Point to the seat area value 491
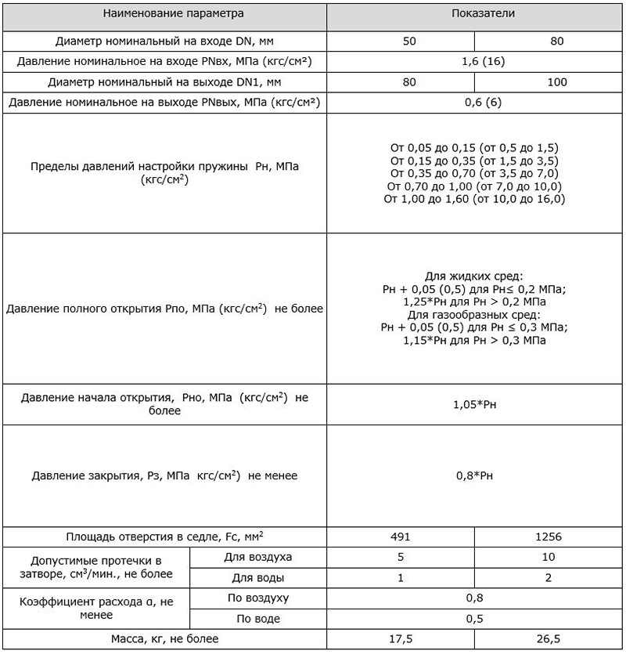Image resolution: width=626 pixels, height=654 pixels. click(x=401, y=537)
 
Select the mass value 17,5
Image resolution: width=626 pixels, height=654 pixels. click(x=401, y=639)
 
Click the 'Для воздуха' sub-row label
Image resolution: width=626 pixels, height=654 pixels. click(x=258, y=558)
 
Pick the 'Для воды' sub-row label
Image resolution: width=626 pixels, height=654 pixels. click(x=258, y=578)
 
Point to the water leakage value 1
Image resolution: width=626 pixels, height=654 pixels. click(x=401, y=578)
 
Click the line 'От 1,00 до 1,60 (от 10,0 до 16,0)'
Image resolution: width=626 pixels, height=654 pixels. click(x=473, y=200)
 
